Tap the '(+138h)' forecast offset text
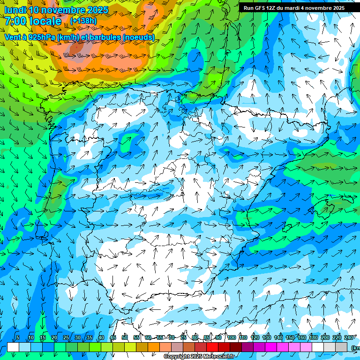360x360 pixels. pyautogui.click(x=84, y=21)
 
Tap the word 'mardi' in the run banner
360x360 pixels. pyautogui.click(x=296, y=8)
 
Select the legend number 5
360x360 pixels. pyautogui.click(x=18, y=337)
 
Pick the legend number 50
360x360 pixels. pyautogui.click(x=125, y=337)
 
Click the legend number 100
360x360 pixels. pyautogui.click(x=232, y=337)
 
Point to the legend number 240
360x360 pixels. pyautogui.click(x=349, y=337)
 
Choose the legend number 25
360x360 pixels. pyautogui.click(x=66, y=337)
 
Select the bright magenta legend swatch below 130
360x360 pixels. pyautogui.click(x=271, y=347)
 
